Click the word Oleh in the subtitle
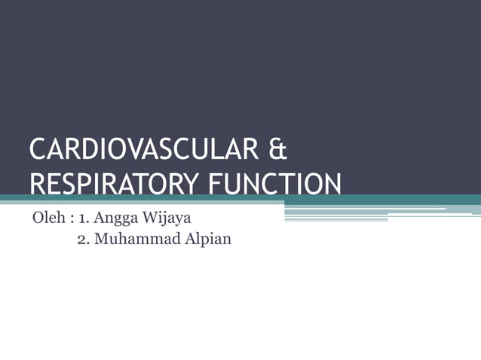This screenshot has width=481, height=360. point(46,221)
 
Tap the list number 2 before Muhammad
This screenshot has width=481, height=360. point(82,241)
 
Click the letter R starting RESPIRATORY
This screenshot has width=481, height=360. point(35,184)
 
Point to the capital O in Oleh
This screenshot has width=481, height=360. point(36,221)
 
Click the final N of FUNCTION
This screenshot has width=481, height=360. point(332,184)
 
